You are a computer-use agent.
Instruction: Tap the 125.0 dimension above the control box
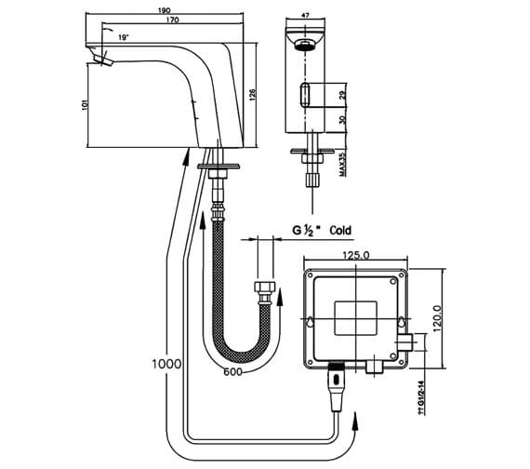tap(356, 257)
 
